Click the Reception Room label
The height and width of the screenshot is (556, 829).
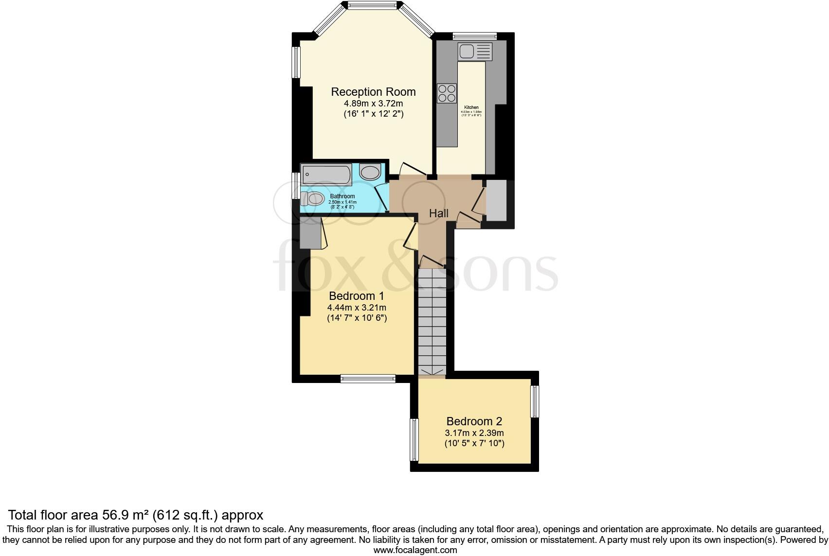373,92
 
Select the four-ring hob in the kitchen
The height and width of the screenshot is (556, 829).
447,93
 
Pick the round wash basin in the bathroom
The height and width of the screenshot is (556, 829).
371,173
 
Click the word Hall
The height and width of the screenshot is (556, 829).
438,213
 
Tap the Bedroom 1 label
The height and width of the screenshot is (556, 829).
357,296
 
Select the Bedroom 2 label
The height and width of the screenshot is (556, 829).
474,421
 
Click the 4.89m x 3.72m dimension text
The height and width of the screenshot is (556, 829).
373,104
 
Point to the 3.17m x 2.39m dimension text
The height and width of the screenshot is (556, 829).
474,433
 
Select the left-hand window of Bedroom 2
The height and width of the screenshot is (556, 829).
414,440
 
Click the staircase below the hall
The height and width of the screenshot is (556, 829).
432,321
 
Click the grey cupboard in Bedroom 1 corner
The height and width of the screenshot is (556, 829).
309,233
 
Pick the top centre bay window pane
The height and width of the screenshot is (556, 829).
373,6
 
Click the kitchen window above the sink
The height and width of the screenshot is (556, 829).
474,35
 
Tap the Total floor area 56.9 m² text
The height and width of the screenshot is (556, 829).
136,515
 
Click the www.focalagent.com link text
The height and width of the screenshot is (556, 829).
415,550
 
